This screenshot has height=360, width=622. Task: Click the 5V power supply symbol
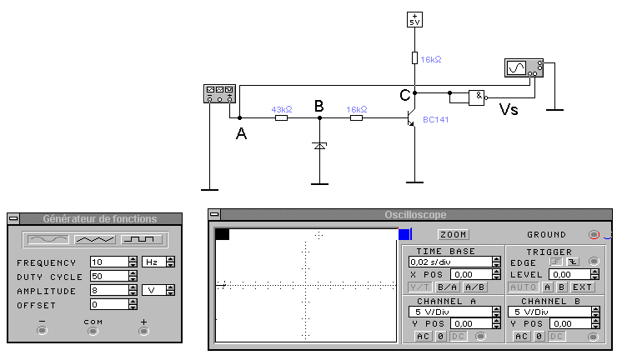coord(414,20)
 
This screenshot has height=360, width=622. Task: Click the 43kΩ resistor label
coord(282,109)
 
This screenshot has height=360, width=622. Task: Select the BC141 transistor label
coord(435,120)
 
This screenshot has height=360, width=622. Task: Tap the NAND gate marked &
coord(477,96)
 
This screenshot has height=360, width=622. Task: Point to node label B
coord(319,106)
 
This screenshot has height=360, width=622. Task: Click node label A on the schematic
coord(241,132)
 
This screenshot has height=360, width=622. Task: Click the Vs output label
coord(508,109)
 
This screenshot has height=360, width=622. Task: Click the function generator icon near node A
coord(220,95)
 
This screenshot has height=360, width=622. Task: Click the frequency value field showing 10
coord(108,262)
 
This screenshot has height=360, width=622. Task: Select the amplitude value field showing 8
coord(108,292)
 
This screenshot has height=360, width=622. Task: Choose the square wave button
coord(143,240)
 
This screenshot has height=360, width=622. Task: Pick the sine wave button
coord(48,240)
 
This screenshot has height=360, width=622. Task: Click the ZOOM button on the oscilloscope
coord(453,234)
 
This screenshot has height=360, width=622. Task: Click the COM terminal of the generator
coord(93,330)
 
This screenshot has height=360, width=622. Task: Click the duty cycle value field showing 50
coord(108,277)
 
